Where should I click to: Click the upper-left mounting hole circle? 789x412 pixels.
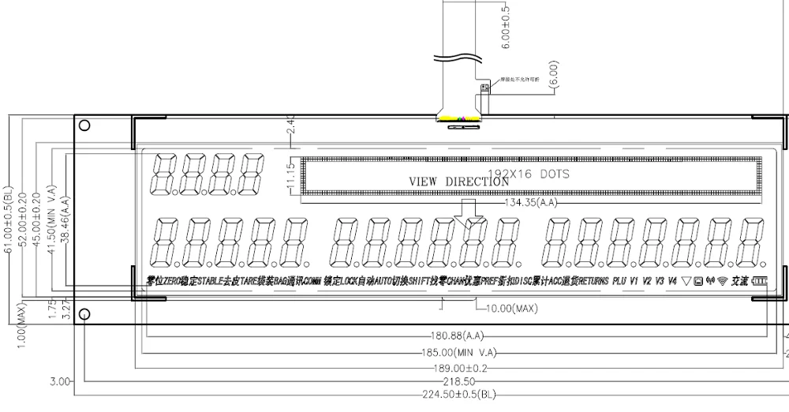[84, 125]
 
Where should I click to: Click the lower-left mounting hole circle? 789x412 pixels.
[84, 313]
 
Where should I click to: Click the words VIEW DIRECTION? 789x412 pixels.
[458, 182]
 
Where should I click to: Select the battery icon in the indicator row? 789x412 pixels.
[759, 281]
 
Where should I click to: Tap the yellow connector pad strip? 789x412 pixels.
[460, 119]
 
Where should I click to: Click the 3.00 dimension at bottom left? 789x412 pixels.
[59, 380]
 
